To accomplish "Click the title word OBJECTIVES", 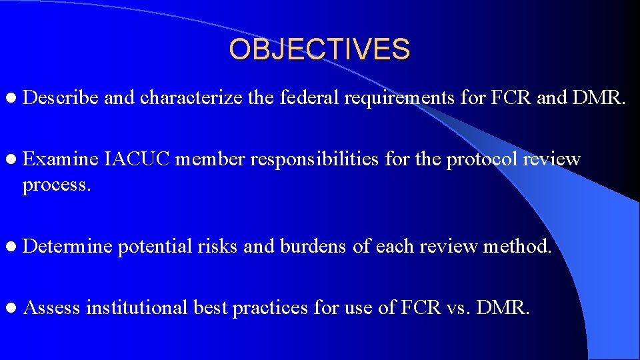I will (319, 49).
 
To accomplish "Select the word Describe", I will (61, 98).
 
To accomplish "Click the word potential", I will (155, 247).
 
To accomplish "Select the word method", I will (517, 247).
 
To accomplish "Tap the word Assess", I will (51, 307).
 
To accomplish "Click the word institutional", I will (137, 307).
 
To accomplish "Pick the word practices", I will (270, 308).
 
